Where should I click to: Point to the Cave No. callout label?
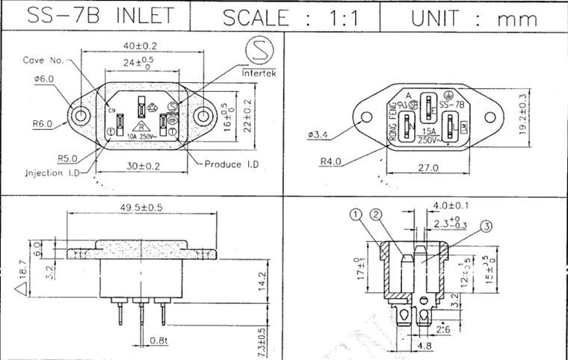[x=44, y=59]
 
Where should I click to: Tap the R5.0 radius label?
[x=68, y=158]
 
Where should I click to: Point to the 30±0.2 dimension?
[x=143, y=167]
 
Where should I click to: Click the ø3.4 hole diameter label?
[x=318, y=134]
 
